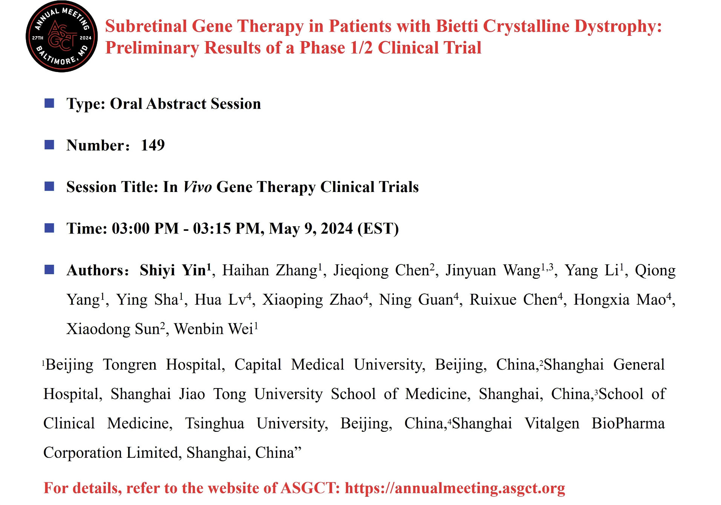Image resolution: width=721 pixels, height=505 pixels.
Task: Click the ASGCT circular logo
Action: [62, 37]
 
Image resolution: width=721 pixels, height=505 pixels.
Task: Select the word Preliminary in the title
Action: [152, 48]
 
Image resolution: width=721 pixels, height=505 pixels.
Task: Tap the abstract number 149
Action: [153, 145]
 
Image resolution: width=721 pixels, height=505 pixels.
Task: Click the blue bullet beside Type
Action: [49, 103]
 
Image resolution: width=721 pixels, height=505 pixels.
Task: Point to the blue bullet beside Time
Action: [49, 228]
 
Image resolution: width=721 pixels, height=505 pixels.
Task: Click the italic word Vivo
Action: [197, 187]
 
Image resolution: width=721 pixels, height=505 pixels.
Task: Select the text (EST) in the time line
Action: [378, 229]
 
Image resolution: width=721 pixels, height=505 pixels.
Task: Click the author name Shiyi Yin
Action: [173, 270]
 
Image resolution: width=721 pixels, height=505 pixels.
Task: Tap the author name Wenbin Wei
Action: [213, 329]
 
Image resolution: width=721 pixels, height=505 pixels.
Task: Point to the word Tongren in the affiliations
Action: [130, 365]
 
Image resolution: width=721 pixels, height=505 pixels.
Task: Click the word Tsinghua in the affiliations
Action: [214, 424]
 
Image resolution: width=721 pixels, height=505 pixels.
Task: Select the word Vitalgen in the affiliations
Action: [552, 424]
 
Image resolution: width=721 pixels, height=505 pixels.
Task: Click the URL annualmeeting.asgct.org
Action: [455, 488]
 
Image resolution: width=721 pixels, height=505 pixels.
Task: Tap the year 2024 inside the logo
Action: [86, 38]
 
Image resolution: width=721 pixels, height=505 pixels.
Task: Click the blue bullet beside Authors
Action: [49, 270]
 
